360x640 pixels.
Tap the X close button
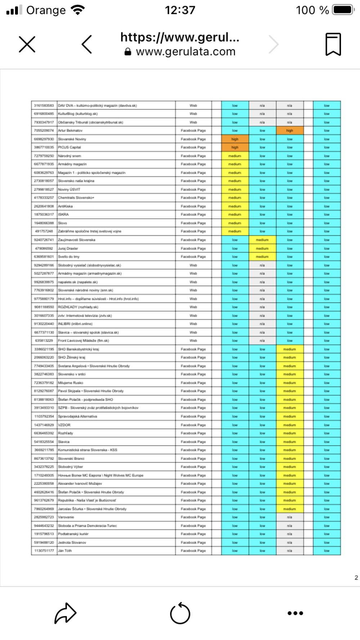27,45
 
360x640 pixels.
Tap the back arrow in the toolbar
87,45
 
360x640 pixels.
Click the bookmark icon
333,45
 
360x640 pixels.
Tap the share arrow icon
65,613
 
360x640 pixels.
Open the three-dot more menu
295,613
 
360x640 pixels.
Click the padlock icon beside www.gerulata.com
128,52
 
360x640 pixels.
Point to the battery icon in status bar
343,10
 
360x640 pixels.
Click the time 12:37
180,10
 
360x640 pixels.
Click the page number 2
356,577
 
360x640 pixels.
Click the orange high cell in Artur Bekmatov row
290,131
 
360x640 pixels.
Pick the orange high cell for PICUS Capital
235,147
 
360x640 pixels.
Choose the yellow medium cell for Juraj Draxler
262,248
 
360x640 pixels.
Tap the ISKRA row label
64,214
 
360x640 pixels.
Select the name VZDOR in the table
64,425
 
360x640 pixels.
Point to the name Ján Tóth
65,551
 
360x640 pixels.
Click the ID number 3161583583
44,105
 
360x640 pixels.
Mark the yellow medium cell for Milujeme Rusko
290,383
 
